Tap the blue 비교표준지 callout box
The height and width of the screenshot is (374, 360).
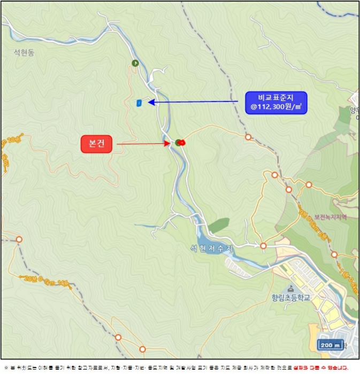[276, 102]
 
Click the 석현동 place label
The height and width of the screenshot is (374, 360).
[24, 52]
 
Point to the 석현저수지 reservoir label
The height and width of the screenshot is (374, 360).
[212, 248]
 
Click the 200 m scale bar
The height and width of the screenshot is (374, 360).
[331, 345]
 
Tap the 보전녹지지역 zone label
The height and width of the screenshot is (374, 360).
[330, 217]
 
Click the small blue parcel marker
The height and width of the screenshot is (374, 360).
[139, 102]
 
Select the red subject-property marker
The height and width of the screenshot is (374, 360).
[181, 142]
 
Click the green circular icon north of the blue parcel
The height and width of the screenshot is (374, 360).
[135, 63]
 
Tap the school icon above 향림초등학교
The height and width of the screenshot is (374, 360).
[290, 288]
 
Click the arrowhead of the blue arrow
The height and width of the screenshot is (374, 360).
[151, 102]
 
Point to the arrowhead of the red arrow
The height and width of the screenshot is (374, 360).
[168, 143]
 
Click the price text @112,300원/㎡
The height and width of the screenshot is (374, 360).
[276, 107]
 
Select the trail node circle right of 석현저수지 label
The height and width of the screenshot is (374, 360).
[263, 246]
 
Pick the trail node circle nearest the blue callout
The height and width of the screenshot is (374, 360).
[248, 137]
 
